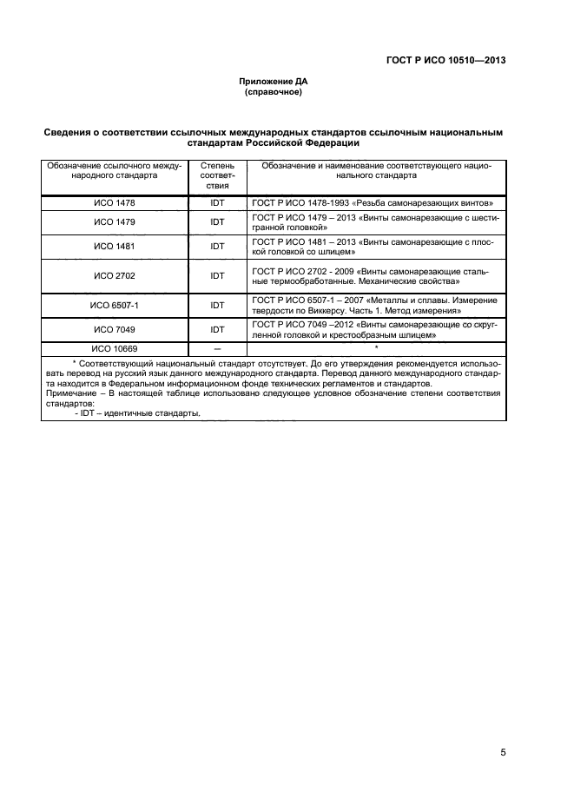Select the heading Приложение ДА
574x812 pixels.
(x=274, y=81)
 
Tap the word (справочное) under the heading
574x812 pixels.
(x=274, y=91)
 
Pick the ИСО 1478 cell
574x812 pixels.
(x=115, y=202)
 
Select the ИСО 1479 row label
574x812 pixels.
(x=115, y=221)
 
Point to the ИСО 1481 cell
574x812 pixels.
(x=115, y=246)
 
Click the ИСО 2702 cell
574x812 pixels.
(x=115, y=276)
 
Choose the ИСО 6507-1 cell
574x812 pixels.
(x=115, y=306)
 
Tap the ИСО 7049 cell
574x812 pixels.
(x=115, y=329)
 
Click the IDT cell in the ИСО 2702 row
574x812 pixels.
(x=217, y=276)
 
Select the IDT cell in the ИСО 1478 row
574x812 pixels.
(x=217, y=202)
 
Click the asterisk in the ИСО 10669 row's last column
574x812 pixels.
(x=376, y=347)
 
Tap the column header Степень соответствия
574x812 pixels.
(x=217, y=175)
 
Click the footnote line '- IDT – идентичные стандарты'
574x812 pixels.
(x=137, y=413)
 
